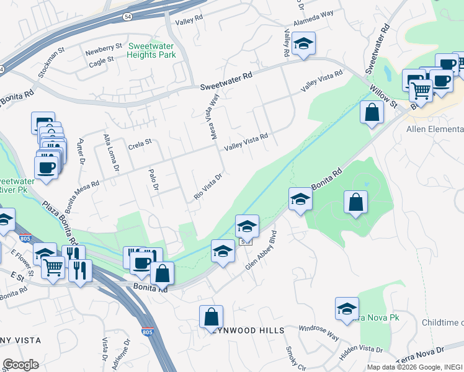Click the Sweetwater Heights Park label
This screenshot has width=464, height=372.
tap(152, 50)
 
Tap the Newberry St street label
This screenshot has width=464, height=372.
tap(105, 47)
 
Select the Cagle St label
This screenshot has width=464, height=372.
tap(102, 60)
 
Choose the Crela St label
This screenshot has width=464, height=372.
tap(140, 143)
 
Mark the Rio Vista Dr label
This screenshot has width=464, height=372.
tap(208, 186)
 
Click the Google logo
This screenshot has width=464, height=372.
tap(20, 365)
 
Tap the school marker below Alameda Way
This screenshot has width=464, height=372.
tap(304, 44)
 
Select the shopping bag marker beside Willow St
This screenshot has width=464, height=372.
tap(371, 113)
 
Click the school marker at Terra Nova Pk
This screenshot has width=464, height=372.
tap(347, 309)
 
